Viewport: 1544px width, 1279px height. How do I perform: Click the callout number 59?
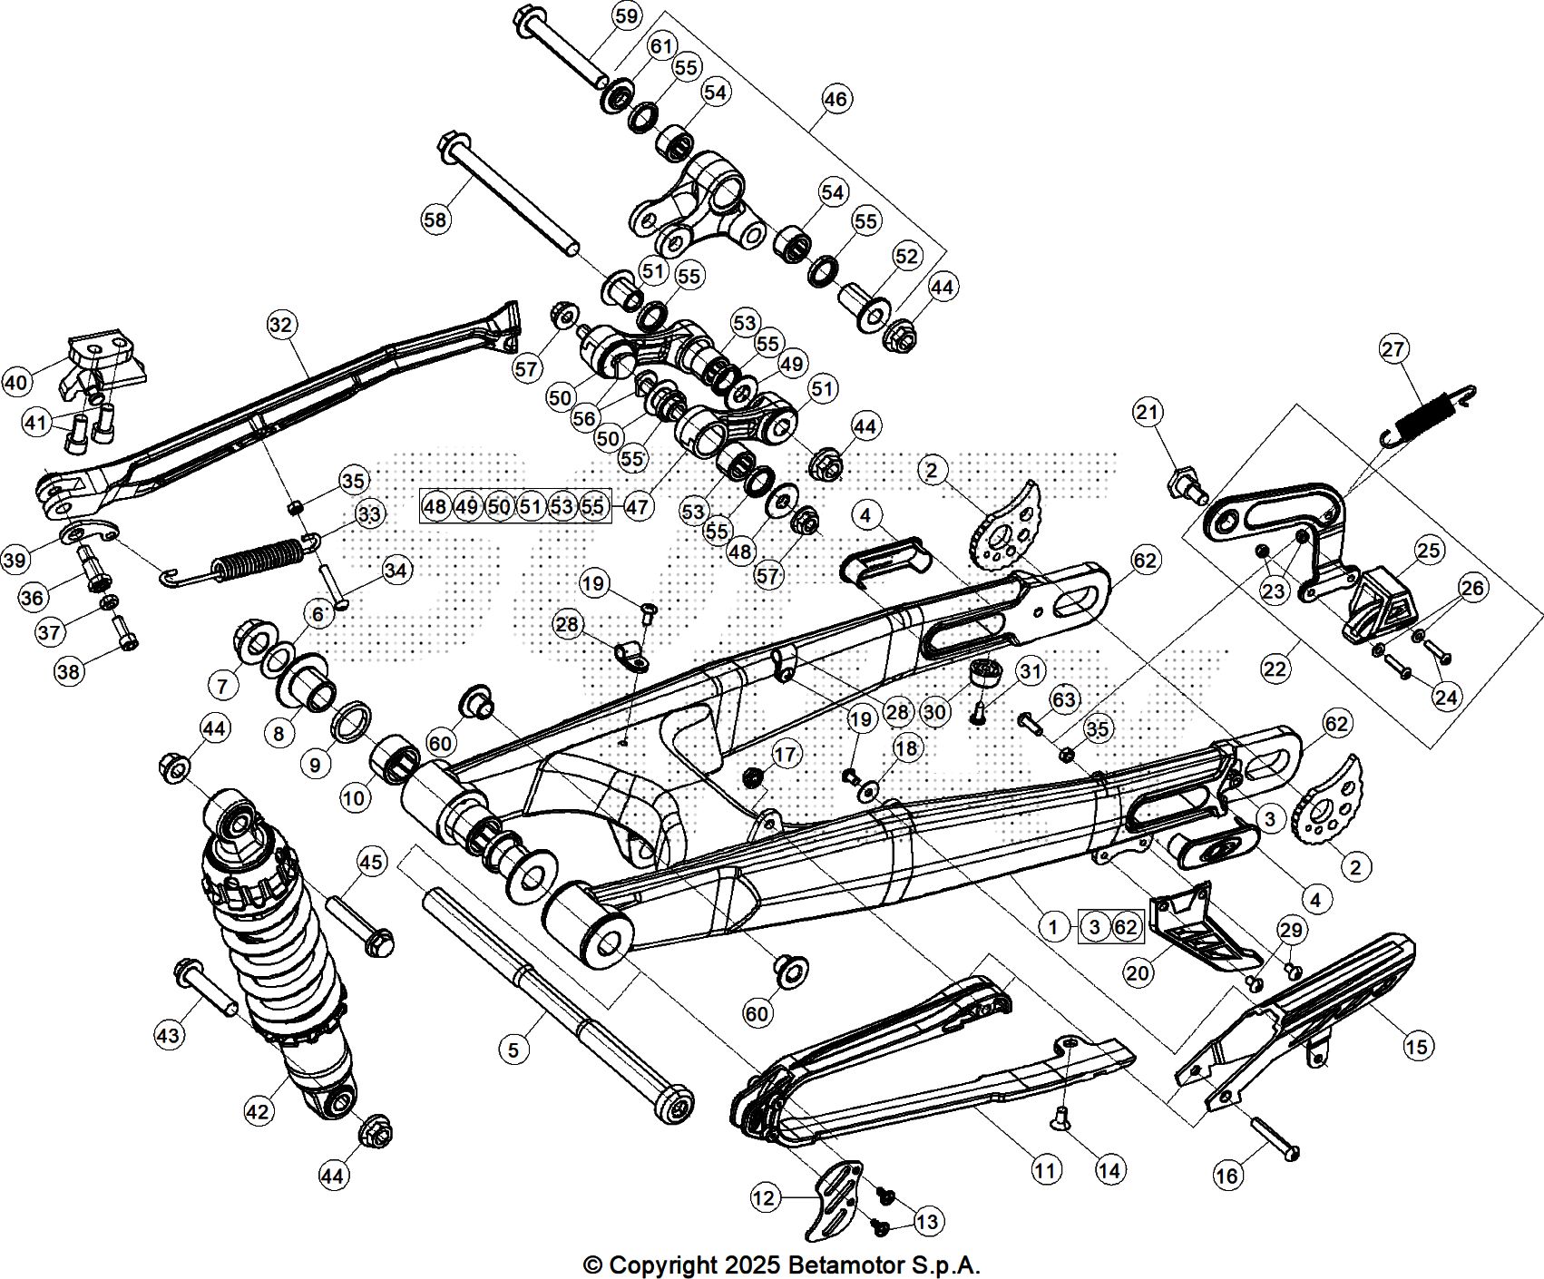pyautogui.click(x=626, y=16)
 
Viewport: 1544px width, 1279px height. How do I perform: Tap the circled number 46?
pyautogui.click(x=836, y=98)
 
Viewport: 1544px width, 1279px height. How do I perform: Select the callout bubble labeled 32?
pyautogui.click(x=282, y=325)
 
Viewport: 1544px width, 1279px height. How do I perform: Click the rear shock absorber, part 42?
pyautogui.click(x=281, y=943)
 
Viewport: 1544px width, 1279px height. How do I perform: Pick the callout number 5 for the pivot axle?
pyautogui.click(x=513, y=1050)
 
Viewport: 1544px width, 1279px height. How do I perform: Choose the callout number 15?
pyautogui.click(x=1417, y=1046)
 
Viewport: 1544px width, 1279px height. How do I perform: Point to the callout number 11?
pyautogui.click(x=1046, y=1170)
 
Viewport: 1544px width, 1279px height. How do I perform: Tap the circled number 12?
pyautogui.click(x=765, y=1198)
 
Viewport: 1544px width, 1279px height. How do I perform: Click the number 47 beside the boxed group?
pyautogui.click(x=638, y=505)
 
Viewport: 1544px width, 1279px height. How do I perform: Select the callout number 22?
pyautogui.click(x=1275, y=669)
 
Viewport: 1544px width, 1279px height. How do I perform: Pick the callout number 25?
pyautogui.click(x=1429, y=551)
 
